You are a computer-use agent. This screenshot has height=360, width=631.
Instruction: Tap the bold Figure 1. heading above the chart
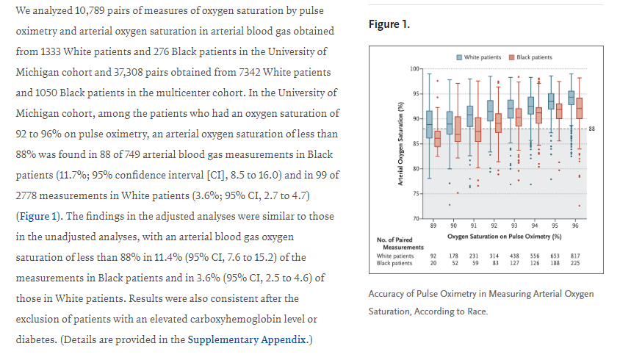tap(389, 25)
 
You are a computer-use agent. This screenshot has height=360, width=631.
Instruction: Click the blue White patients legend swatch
tap(459, 57)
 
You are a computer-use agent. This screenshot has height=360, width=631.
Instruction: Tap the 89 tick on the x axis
tap(434, 225)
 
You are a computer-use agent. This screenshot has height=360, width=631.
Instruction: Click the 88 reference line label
tap(591, 129)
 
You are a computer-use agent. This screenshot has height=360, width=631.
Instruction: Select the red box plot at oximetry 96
tap(580, 109)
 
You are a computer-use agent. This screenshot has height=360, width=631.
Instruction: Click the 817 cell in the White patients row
tap(575, 255)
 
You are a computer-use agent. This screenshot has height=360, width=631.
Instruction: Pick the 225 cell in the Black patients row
tap(575, 262)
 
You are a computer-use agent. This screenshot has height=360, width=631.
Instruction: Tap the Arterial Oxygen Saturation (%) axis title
tap(400, 143)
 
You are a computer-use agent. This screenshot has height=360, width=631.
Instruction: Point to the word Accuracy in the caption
tap(390, 294)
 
